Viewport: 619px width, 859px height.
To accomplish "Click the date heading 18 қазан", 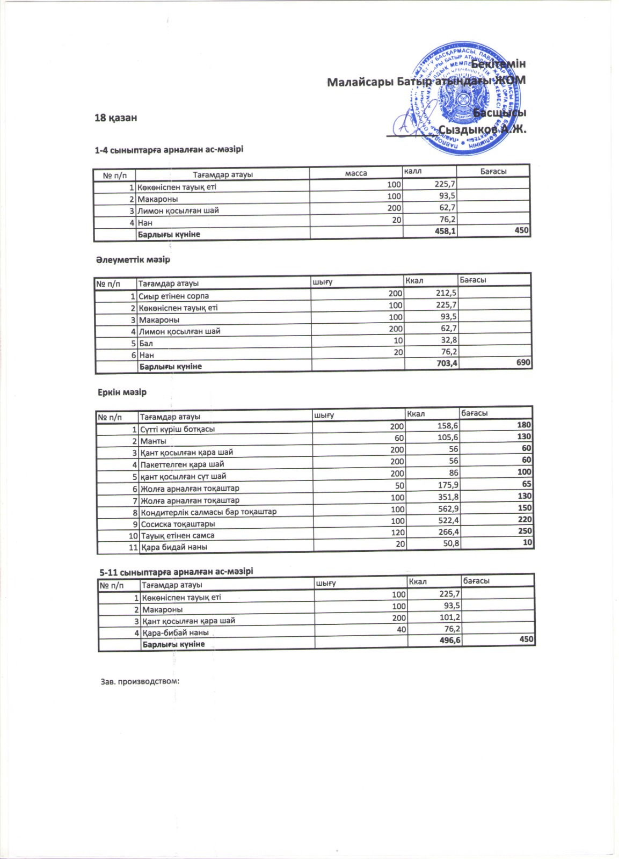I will pos(115,118).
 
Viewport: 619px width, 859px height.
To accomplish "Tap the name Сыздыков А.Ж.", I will pos(482,129).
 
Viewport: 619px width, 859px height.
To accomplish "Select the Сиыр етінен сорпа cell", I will pos(173,296).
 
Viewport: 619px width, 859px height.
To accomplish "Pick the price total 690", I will pos(523,363).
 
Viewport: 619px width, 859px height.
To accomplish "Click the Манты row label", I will pos(154,441).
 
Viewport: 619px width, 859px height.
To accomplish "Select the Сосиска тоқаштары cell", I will pos(178,524).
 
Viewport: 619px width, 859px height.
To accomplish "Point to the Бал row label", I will pos(146,343).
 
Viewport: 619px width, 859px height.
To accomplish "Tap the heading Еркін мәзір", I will pos(122,392).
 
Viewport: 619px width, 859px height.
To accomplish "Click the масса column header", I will pos(356,173).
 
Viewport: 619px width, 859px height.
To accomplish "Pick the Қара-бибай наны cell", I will pos(175,632).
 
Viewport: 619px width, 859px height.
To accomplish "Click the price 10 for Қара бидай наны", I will pos(528,543).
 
